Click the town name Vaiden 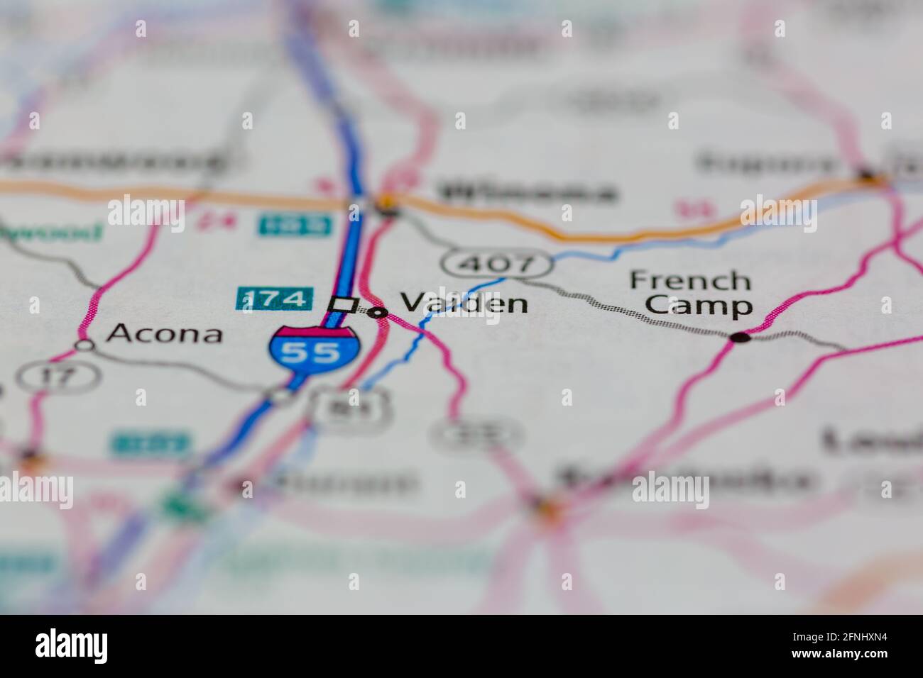[x=464, y=304]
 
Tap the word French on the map [x=690, y=281]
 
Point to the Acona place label [x=164, y=333]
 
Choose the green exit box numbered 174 [x=274, y=299]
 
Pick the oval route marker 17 [x=59, y=375]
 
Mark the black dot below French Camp [x=741, y=338]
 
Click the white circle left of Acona [x=85, y=345]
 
